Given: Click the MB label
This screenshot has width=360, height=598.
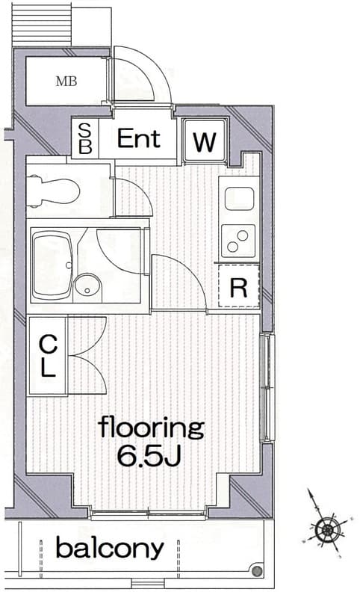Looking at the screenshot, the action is coord(66,81).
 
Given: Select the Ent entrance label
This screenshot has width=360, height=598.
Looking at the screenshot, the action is coord(139,138).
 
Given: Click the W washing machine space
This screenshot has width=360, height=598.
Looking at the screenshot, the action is coord(205,141).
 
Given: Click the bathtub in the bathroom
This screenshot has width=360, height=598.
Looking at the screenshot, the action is coord(52,266).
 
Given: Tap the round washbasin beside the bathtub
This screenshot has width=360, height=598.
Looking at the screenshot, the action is coord(88,286).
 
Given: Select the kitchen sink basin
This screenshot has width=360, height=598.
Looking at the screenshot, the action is coord(239,198).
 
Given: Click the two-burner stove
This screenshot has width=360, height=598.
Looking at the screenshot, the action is coord(238,241).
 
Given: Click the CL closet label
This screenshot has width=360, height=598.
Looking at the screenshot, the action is coord(48,356).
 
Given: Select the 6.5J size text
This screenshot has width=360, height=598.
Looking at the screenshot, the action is coord(149,456).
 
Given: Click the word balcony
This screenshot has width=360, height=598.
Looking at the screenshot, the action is coord(110,548).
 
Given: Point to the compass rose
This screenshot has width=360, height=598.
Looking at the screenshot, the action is coord(326,529).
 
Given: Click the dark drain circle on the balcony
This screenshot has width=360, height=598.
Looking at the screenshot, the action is coord(258,571).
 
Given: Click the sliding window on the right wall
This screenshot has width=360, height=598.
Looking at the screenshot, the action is coord(268,387).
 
